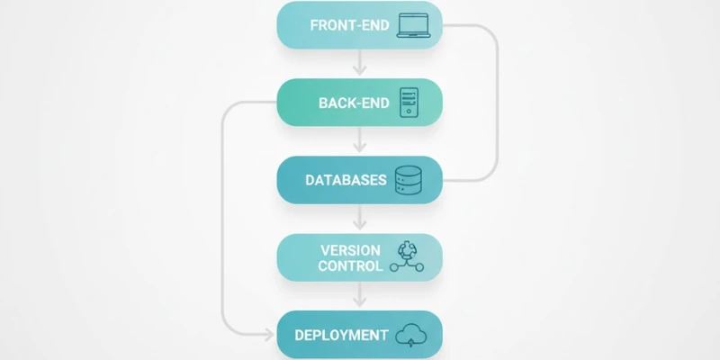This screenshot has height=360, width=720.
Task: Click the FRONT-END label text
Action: (x=349, y=25)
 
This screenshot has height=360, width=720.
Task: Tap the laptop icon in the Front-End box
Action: (x=415, y=25)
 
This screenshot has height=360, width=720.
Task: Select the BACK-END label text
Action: (x=354, y=103)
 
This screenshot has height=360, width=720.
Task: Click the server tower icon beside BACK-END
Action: (x=409, y=103)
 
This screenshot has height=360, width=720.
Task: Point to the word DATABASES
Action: (x=346, y=180)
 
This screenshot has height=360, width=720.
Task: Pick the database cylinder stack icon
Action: (x=410, y=180)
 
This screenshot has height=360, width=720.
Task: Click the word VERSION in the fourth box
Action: (x=351, y=249)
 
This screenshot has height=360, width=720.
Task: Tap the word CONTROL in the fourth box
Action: (x=350, y=266)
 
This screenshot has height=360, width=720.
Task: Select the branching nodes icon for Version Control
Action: (x=410, y=257)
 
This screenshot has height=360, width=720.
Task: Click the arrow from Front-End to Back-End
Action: (x=360, y=64)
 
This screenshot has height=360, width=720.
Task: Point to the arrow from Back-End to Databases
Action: (x=360, y=141)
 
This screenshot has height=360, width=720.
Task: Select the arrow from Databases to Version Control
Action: (x=360, y=219)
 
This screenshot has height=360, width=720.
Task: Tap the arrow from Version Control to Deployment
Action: (x=360, y=296)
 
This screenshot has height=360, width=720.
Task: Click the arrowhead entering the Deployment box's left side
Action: (x=269, y=336)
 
